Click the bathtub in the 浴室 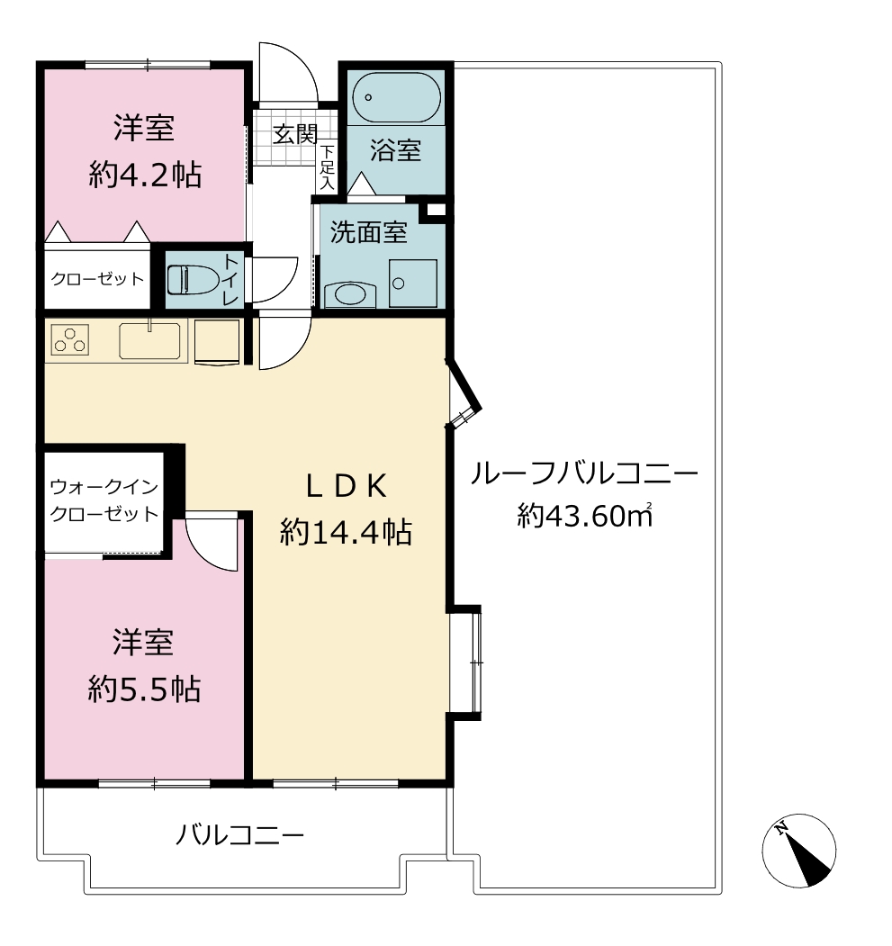click(397, 98)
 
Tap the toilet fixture click(193, 280)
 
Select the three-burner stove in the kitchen click(70, 339)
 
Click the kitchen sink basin click(149, 341)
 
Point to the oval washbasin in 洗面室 click(350, 295)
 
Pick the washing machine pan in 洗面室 click(413, 283)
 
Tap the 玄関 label click(295, 134)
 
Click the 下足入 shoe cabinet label click(327, 167)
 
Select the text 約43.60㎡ click(584, 515)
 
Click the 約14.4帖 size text click(346, 533)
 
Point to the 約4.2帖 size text click(145, 175)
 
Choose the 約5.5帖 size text click(144, 689)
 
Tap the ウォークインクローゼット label click(104, 500)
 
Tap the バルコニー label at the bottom click(239, 835)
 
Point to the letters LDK click(347, 486)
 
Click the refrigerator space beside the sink click(217, 342)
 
